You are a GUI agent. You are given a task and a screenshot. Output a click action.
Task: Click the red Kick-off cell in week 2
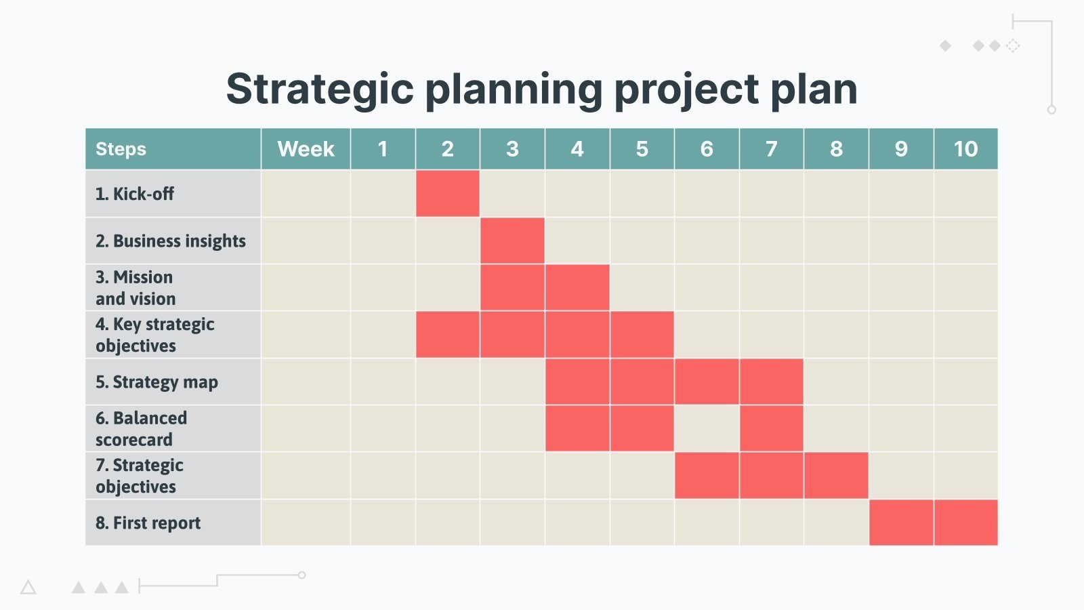[447, 193]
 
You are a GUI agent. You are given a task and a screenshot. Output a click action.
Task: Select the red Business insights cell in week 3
[512, 241]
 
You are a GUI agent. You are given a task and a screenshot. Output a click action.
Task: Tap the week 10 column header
[965, 148]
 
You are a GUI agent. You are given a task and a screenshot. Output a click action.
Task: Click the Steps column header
[121, 148]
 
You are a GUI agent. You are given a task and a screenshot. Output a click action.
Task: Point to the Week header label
[306, 148]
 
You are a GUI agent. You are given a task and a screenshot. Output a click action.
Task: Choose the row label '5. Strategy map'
[157, 382]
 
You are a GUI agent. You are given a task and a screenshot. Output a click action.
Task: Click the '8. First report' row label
[148, 523]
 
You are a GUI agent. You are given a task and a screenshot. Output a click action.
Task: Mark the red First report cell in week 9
[901, 523]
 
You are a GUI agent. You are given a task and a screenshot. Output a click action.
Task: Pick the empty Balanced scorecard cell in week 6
[707, 428]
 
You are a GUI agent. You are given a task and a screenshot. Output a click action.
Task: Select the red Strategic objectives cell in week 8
[836, 476]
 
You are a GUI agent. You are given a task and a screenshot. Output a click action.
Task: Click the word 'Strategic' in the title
[319, 89]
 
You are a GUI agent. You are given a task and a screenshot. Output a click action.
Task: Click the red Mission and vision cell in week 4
[577, 287]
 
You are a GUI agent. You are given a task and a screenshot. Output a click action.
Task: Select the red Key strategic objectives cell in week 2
[447, 335]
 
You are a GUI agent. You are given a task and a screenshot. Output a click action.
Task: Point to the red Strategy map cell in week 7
[772, 382]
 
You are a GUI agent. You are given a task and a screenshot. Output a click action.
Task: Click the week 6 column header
[707, 148]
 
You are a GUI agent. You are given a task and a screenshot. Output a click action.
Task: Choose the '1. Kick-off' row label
[134, 194]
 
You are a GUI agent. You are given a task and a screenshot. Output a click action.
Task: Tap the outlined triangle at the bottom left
[28, 588]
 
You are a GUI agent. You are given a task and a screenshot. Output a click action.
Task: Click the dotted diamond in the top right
[1012, 45]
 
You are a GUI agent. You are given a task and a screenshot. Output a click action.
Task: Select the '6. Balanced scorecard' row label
[141, 428]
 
